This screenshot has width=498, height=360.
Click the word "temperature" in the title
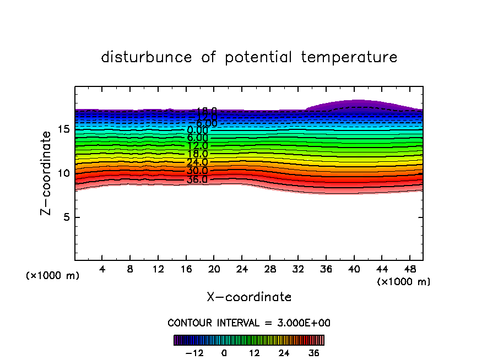(349, 57)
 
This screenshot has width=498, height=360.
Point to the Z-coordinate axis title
(47, 173)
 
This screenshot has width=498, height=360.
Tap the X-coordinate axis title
(249, 297)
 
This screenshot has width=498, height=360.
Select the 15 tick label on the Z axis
(62, 129)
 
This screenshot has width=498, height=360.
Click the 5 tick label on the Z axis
(65, 217)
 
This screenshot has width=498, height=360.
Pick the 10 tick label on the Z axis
(62, 173)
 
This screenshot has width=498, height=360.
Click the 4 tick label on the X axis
(102, 269)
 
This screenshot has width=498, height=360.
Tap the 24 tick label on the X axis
(242, 269)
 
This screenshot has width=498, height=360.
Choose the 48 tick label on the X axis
(409, 269)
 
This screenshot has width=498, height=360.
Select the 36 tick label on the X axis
(326, 269)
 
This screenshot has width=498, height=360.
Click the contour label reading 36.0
(197, 179)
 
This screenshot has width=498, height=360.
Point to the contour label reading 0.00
(197, 130)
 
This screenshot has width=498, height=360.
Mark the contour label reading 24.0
(197, 162)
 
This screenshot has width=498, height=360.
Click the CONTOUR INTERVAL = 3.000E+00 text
(249, 323)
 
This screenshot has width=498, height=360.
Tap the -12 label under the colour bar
(194, 353)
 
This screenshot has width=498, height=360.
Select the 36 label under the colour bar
(314, 353)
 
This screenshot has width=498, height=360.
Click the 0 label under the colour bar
(224, 353)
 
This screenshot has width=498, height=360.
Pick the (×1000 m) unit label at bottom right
(404, 282)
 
